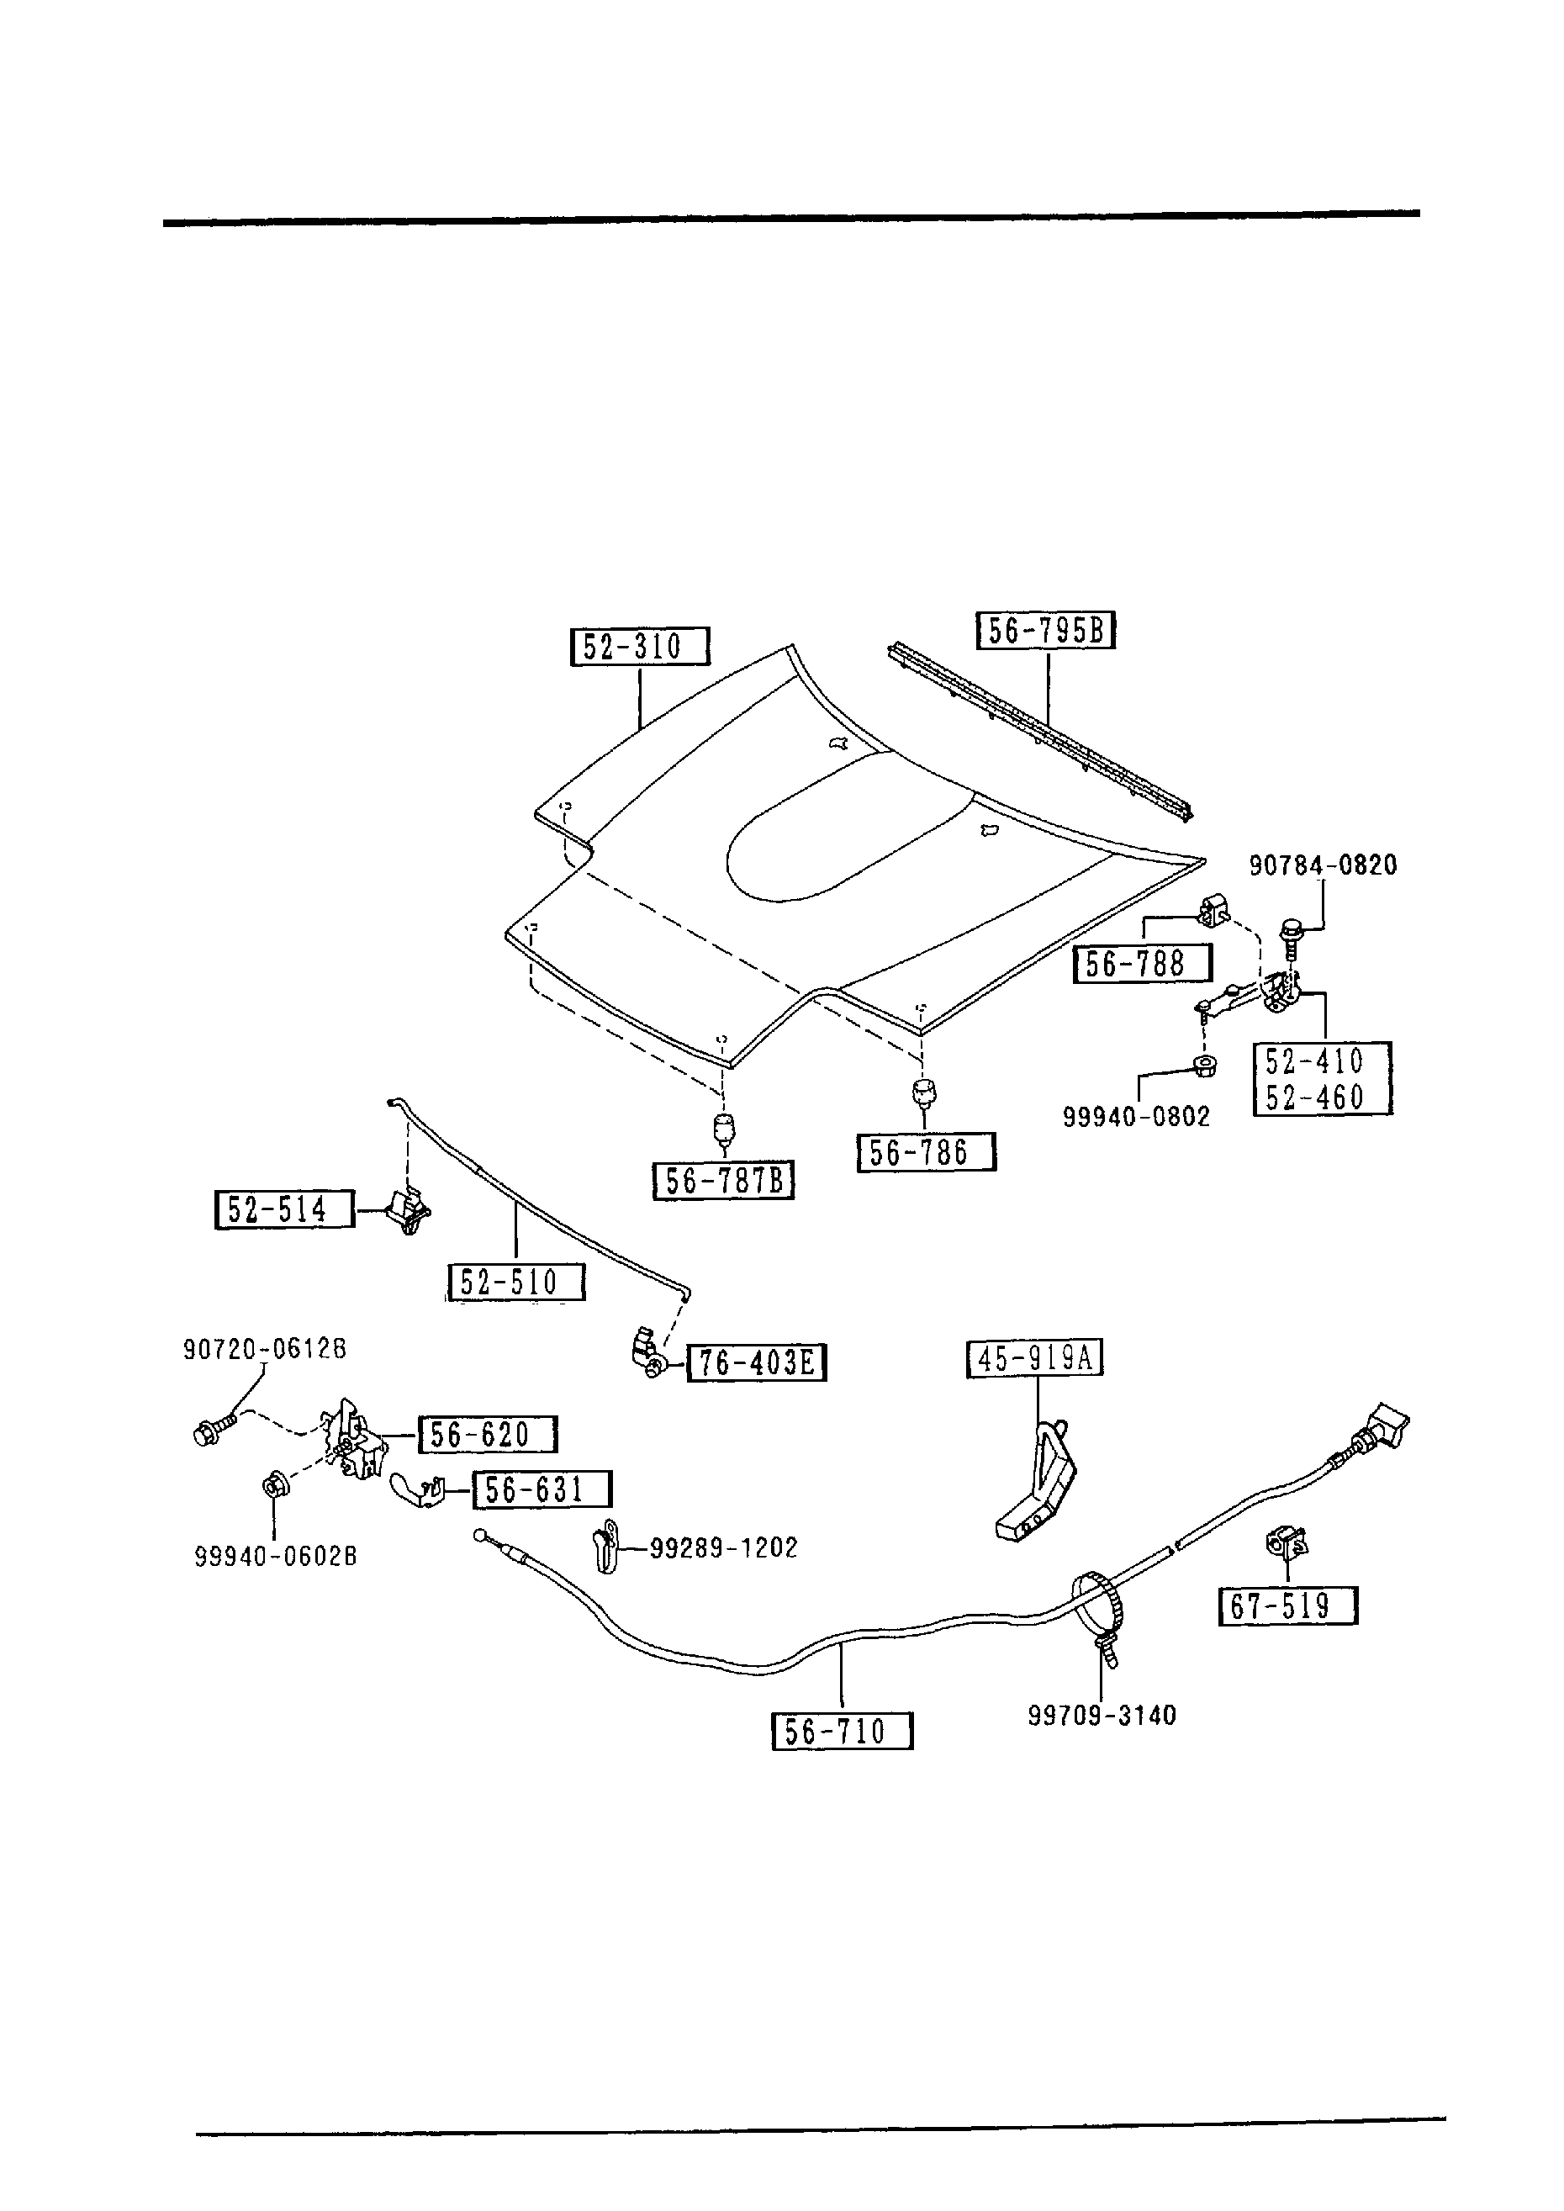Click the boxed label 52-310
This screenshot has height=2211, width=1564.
point(639,646)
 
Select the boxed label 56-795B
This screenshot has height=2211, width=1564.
point(1046,631)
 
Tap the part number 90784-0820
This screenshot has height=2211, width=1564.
point(1323,865)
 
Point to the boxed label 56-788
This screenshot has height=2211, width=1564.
point(1142,964)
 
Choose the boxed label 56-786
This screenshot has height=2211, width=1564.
point(926,1153)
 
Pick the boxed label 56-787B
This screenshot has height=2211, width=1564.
point(723,1181)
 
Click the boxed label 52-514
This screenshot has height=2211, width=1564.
point(284,1209)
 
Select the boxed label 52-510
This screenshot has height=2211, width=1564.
point(516,1283)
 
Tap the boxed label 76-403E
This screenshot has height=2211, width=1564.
point(756,1362)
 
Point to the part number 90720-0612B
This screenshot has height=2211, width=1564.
point(265,1349)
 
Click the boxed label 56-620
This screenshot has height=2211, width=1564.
point(488,1435)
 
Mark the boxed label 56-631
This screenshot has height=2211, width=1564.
point(542,1489)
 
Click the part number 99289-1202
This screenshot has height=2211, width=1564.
point(723,1547)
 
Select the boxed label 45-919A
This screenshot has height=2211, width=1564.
point(1034,1359)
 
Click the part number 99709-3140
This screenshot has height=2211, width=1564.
point(1102,1715)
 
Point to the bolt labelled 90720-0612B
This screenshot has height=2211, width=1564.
point(213,1433)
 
